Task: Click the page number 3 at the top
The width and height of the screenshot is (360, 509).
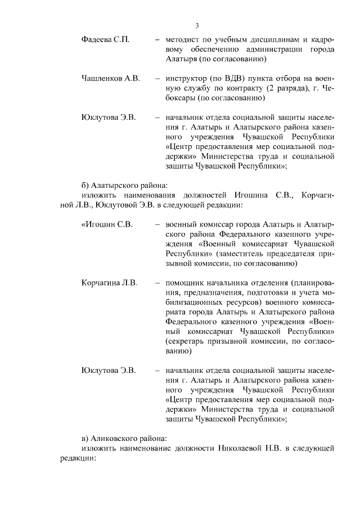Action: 197,25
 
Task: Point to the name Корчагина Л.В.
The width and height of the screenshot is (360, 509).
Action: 109,282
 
